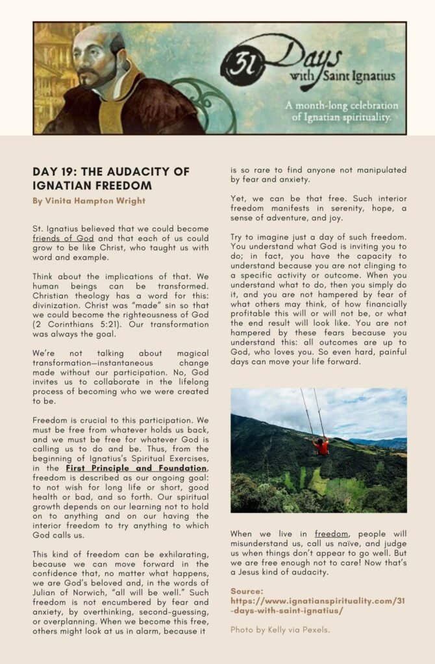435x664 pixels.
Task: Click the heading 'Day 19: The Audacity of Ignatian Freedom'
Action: tap(111, 178)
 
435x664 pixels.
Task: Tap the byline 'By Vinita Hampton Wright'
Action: tap(89, 201)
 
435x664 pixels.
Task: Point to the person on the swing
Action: tap(321, 446)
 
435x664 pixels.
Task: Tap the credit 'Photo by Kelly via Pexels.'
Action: tap(279, 630)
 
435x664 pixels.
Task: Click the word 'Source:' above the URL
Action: tap(247, 591)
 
